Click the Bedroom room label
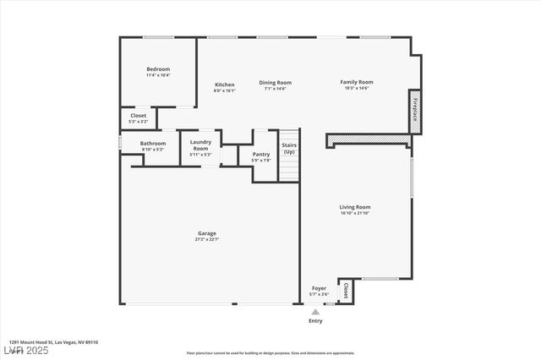158,69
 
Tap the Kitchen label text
225,85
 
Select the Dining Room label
275,82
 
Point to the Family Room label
357,82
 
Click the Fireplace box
415,112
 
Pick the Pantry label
260,155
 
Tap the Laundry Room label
200,145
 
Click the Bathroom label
153,144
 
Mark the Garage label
207,233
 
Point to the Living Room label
355,206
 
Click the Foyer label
319,288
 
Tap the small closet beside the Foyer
345,292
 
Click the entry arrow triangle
315,312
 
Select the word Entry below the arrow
315,321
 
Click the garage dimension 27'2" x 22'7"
207,239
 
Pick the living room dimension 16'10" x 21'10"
355,212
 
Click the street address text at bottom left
54,342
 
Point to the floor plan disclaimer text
270,353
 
